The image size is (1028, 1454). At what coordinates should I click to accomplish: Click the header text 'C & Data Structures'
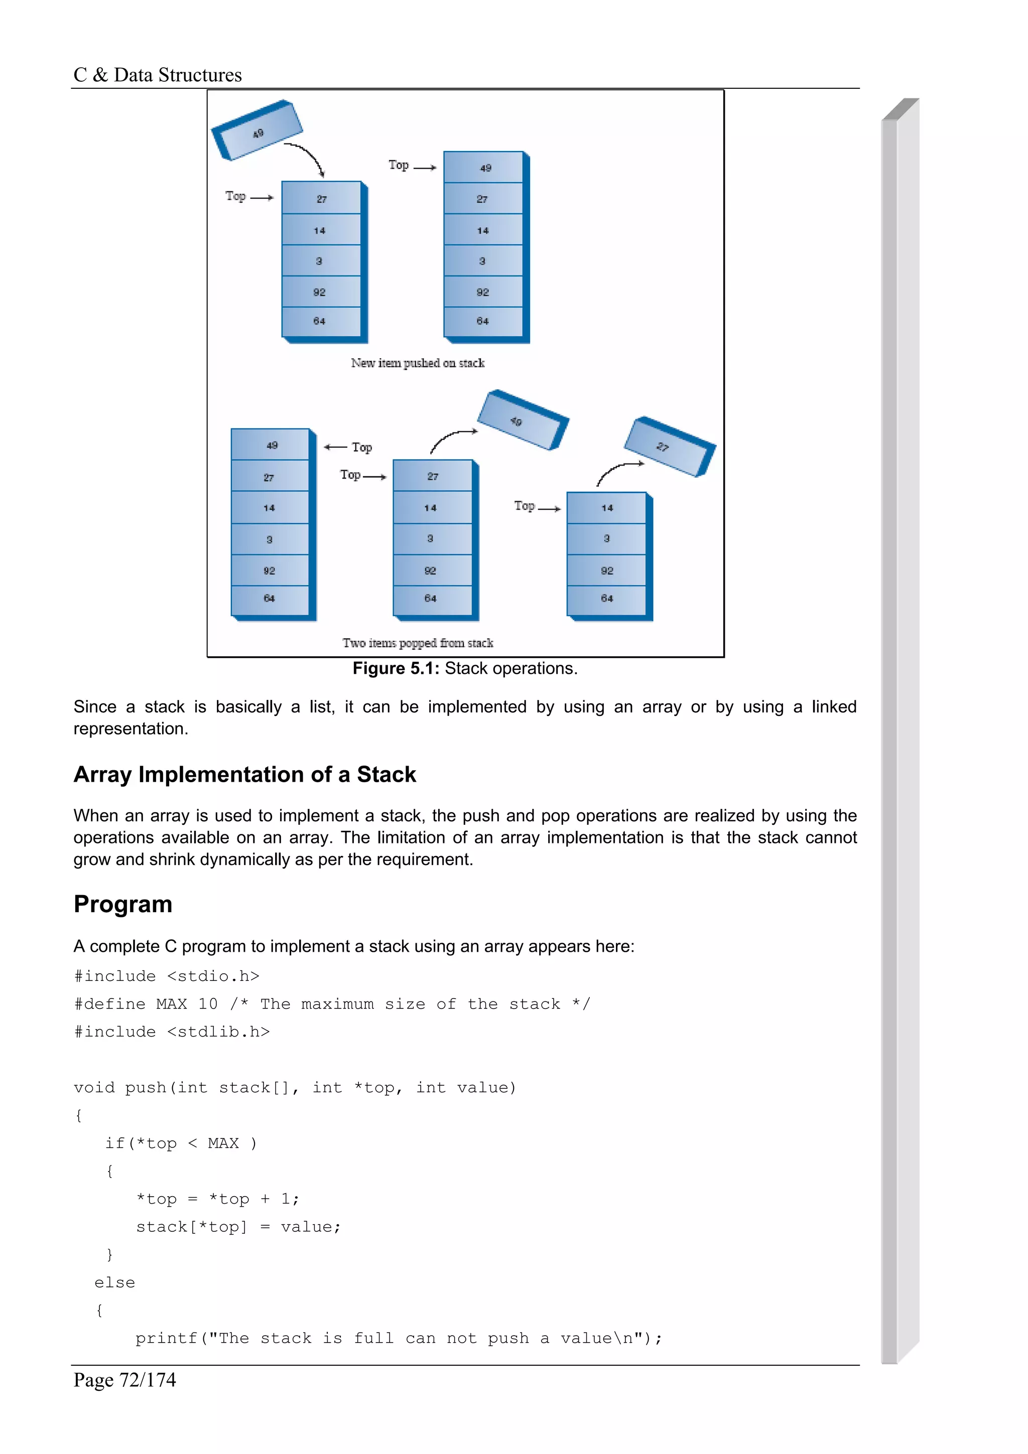[157, 75]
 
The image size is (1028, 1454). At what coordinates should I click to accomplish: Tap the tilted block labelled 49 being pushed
[257, 130]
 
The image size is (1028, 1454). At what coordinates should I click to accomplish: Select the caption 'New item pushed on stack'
[418, 363]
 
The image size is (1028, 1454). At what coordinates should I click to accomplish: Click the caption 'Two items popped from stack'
[418, 643]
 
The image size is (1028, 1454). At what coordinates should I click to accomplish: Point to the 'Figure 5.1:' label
[396, 669]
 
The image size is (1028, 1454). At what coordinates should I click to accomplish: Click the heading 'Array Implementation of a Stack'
[244, 775]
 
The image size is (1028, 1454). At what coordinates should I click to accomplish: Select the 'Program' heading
[123, 904]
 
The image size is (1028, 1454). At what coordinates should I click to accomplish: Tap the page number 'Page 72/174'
[125, 1379]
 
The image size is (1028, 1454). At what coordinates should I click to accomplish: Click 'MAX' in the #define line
[171, 1004]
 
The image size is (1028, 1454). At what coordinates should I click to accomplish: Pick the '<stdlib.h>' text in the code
[218, 1032]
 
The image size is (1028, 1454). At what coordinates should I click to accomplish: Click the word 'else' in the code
[114, 1282]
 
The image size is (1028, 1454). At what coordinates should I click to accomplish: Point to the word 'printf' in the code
[167, 1338]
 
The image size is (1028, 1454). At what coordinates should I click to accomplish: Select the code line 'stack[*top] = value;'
[238, 1227]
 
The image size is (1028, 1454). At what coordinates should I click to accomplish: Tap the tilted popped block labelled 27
[670, 447]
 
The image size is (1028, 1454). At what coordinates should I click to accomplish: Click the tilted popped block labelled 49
[523, 420]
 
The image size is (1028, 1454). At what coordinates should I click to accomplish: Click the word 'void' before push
[94, 1087]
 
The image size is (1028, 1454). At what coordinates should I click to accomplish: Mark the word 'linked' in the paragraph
[834, 707]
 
